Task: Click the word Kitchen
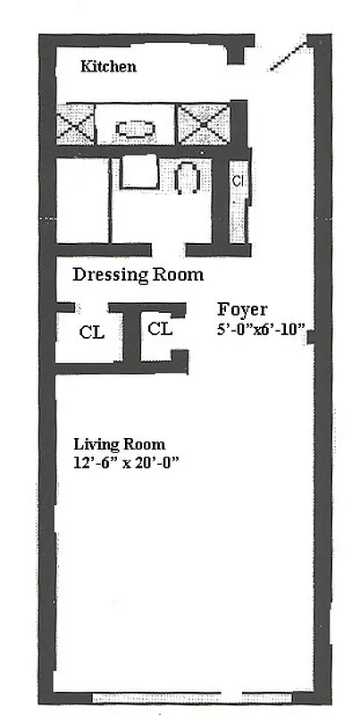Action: point(108,66)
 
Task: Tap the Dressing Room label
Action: point(138,275)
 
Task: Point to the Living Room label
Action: point(119,444)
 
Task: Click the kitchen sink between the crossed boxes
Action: point(135,127)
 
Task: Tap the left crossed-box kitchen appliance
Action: point(75,125)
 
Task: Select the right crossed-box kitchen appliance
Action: point(203,124)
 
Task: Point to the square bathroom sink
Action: point(139,171)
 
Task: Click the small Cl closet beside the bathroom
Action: point(239,181)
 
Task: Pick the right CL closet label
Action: point(160,328)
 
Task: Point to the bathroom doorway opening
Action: point(169,249)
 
